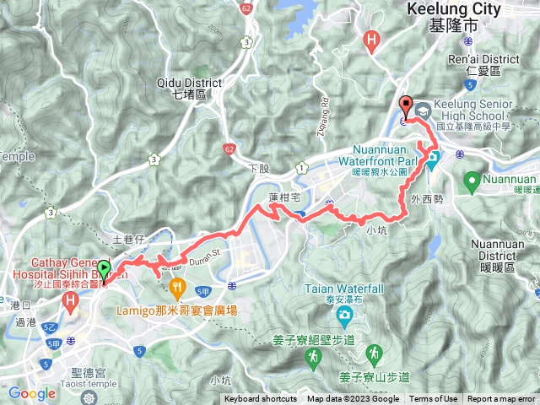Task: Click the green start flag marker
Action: (x=104, y=271)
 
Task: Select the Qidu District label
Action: (x=189, y=83)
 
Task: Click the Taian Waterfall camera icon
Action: (x=345, y=316)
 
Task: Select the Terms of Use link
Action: (x=434, y=399)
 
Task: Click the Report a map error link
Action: (x=502, y=399)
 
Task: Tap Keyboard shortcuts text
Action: (x=261, y=399)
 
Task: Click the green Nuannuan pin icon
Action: (x=471, y=179)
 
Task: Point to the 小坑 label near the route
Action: (x=377, y=228)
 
